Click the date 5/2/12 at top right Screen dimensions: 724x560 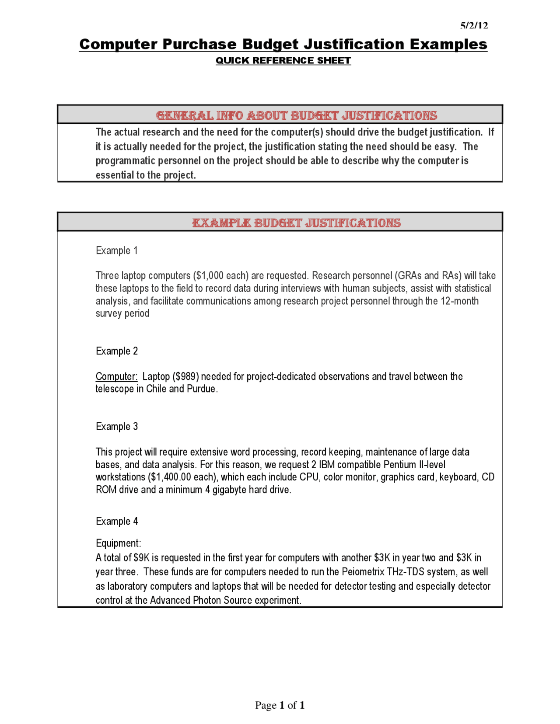click(474, 25)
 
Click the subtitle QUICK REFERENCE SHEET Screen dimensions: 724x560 click(283, 61)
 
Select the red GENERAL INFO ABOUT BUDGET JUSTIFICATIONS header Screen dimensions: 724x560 click(297, 115)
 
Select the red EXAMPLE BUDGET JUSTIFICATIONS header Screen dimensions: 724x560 click(297, 223)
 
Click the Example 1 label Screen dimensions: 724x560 click(117, 251)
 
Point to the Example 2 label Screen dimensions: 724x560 click(117, 351)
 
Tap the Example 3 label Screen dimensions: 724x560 click(117, 426)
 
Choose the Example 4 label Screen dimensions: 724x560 click(117, 521)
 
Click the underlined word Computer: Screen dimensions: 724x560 click(116, 376)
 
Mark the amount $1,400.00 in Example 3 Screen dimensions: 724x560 click(170, 477)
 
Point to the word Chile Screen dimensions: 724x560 click(156, 389)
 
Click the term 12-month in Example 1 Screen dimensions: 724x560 click(459, 301)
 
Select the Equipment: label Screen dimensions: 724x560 click(119, 543)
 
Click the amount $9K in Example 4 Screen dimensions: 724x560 click(141, 557)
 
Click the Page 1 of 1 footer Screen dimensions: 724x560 click(280, 705)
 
